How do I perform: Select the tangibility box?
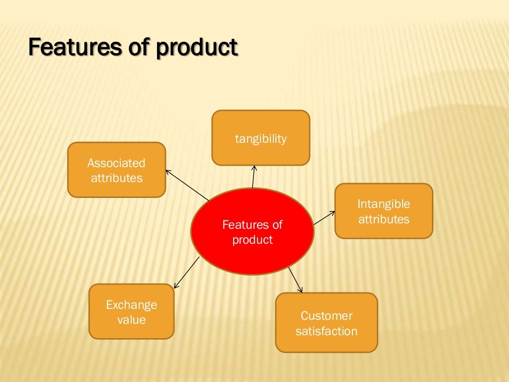tap(260, 138)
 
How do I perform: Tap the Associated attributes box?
tap(116, 170)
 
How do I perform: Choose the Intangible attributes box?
tap(383, 211)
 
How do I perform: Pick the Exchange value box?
tap(131, 311)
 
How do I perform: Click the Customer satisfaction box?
tap(326, 323)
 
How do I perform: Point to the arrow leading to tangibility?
tap(254, 177)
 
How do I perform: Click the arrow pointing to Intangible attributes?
tap(324, 218)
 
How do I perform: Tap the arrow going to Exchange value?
tap(186, 272)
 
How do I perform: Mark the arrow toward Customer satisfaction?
tap(295, 280)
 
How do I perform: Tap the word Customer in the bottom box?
tap(326, 316)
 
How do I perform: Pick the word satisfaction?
tap(326, 331)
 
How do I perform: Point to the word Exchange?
tap(131, 304)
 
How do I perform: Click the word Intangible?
tap(383, 204)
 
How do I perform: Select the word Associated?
tap(116, 163)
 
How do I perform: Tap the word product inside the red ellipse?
tap(253, 240)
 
